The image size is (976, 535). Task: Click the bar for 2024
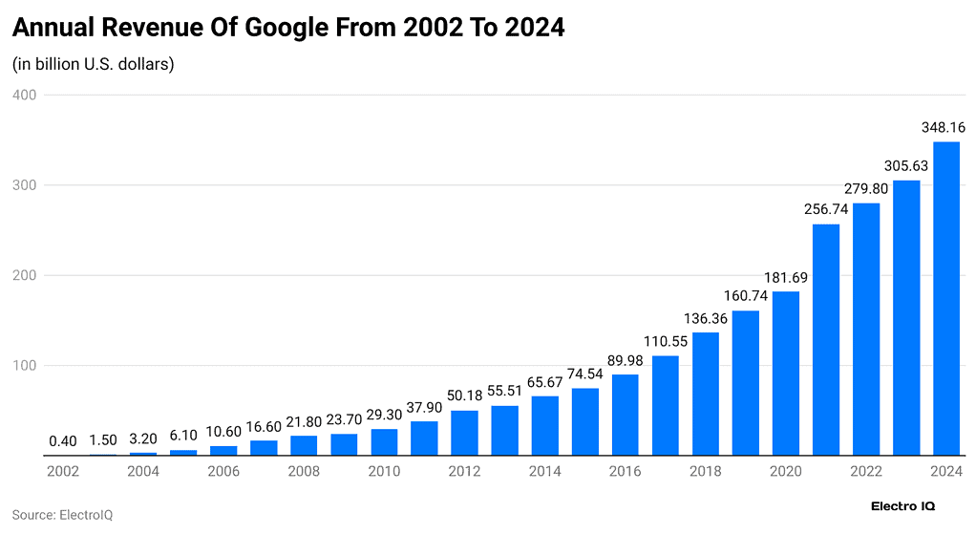(945, 299)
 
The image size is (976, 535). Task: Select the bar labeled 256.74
(825, 340)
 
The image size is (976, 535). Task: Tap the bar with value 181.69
(785, 374)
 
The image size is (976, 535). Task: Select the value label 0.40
(63, 440)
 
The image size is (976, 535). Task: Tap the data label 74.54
(584, 373)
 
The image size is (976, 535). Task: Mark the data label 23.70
(344, 418)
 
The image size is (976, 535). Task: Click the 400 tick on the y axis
(24, 95)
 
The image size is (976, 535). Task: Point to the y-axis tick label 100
(24, 366)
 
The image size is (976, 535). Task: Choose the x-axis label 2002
(63, 471)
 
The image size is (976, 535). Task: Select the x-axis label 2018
(705, 471)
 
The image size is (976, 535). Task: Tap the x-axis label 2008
(304, 471)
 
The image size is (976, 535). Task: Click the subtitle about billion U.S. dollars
(93, 64)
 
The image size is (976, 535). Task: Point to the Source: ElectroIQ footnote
(62, 514)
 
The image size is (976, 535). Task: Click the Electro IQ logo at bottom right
(902, 504)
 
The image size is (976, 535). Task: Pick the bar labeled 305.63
(905, 318)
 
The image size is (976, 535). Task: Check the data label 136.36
(705, 317)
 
